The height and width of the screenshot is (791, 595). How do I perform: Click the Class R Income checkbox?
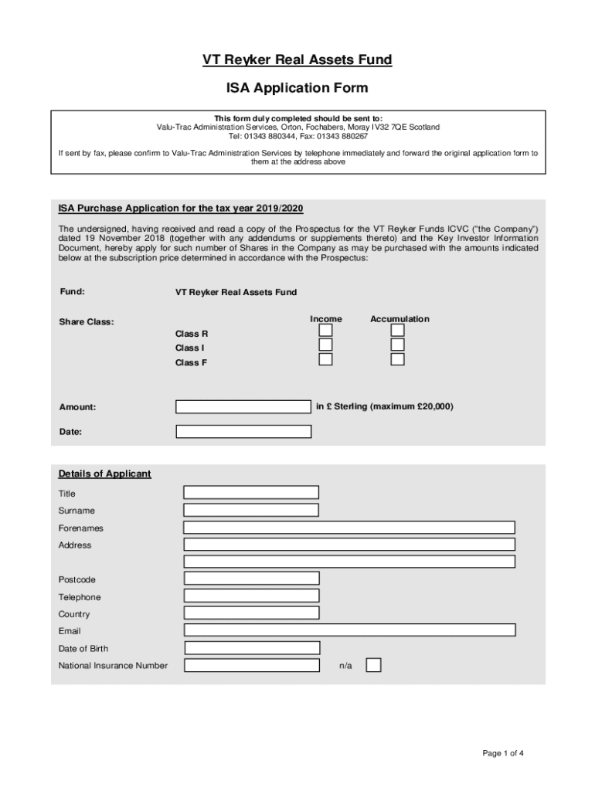tap(326, 331)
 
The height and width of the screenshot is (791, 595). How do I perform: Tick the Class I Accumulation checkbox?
tap(397, 345)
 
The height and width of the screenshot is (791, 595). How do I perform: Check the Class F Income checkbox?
tap(326, 359)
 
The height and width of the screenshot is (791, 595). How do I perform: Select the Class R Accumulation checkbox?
tap(397, 331)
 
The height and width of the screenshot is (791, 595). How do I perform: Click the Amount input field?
tap(243, 407)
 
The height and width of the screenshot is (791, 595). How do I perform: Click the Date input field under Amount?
tap(243, 432)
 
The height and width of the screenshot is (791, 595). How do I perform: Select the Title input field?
tap(251, 493)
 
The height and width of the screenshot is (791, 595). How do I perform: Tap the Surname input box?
tap(251, 510)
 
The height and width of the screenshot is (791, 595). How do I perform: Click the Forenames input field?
tap(349, 528)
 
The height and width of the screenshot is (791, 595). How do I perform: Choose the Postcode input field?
tap(251, 579)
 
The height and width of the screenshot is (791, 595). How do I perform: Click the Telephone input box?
tap(251, 596)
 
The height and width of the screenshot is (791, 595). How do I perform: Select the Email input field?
tap(349, 630)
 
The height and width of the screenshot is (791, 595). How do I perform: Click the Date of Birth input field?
tap(252, 648)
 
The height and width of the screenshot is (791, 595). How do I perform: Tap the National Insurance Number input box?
tap(252, 665)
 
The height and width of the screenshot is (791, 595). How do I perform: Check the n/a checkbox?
tap(373, 665)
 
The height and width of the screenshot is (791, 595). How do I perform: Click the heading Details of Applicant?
tap(104, 474)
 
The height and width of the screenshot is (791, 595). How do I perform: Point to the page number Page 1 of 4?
tap(504, 753)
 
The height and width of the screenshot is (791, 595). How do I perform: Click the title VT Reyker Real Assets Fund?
tap(297, 60)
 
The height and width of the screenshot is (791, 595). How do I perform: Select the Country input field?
tap(251, 613)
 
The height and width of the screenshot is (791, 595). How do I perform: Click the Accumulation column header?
tap(399, 319)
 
